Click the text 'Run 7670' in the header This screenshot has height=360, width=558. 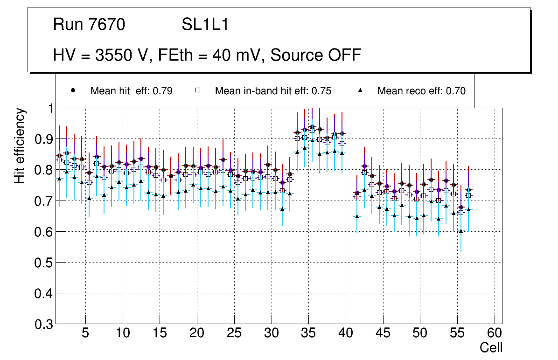click(x=89, y=25)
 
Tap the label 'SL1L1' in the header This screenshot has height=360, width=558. click(x=205, y=25)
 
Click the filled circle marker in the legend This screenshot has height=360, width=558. click(x=73, y=90)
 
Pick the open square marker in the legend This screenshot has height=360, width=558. click(x=197, y=90)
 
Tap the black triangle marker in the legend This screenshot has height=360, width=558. click(x=360, y=90)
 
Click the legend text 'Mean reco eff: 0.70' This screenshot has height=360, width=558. click(x=421, y=91)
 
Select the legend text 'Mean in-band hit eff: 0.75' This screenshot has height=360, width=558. click(x=273, y=91)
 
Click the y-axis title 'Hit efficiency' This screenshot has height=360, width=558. click(x=20, y=145)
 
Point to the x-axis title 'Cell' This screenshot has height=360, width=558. click(x=491, y=347)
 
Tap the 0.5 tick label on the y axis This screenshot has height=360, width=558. click(x=43, y=263)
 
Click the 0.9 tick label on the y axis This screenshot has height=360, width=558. click(x=43, y=139)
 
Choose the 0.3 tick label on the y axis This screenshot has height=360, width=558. click(x=43, y=324)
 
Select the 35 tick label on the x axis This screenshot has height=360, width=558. click(x=308, y=333)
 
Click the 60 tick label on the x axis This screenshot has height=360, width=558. click(x=495, y=333)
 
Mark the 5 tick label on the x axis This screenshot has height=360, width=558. click(x=85, y=333)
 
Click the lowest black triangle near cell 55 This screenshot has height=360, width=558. click(x=461, y=231)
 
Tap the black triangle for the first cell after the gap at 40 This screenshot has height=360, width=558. click(x=357, y=216)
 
